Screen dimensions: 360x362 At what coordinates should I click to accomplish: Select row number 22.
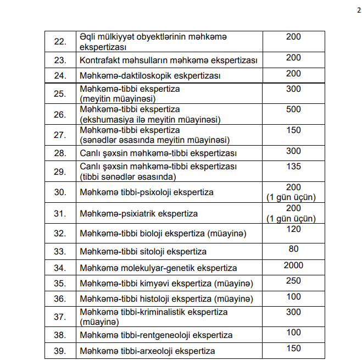[60, 42]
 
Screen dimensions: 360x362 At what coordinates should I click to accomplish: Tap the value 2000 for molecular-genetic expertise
[293, 265]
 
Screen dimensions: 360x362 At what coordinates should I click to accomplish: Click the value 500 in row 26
[293, 109]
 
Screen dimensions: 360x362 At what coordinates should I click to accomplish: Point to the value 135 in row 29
[293, 166]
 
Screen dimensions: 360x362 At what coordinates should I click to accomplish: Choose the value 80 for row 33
[293, 248]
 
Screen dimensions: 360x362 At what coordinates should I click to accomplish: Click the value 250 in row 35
[293, 281]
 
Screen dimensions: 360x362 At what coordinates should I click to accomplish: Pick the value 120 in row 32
[293, 229]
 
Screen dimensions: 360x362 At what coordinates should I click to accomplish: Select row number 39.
[60, 351]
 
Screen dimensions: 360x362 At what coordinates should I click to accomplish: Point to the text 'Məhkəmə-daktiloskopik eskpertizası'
[146, 75]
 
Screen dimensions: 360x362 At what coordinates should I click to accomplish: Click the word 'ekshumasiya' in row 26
[105, 119]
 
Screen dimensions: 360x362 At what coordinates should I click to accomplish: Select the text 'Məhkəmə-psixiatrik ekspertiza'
[138, 213]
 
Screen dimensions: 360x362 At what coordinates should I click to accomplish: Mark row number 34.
[60, 268]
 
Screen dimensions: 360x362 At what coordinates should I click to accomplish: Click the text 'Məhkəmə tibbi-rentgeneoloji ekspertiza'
[156, 335]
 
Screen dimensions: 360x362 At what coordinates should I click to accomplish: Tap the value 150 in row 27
[293, 130]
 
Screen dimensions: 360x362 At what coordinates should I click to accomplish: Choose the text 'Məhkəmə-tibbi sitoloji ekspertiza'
[143, 252]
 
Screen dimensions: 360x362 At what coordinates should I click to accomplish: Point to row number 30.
[60, 192]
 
